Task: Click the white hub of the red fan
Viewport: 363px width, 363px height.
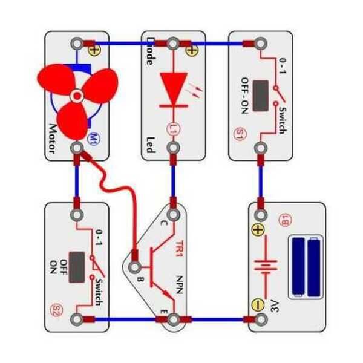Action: click(x=77, y=96)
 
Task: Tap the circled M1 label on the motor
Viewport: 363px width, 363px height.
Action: click(x=94, y=139)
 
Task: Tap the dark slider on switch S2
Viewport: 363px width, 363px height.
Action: click(x=77, y=267)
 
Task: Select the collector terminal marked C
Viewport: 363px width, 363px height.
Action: click(x=173, y=215)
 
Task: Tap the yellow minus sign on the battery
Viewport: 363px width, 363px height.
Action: click(x=258, y=304)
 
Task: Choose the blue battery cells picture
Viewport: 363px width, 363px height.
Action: click(x=306, y=267)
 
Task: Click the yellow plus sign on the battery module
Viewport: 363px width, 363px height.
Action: click(x=258, y=231)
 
